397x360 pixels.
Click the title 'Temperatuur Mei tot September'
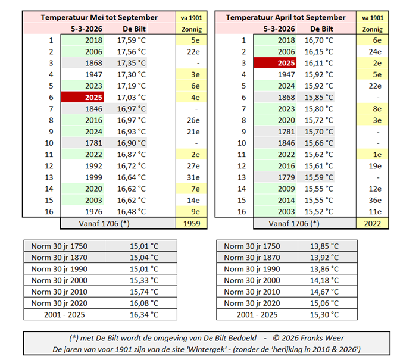point(99,17)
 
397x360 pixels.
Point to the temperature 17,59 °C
point(131,40)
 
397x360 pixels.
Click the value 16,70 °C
point(319,40)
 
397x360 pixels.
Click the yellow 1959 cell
point(191,223)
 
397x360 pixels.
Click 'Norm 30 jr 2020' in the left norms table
point(58,303)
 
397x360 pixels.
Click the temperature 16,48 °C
point(131,211)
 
